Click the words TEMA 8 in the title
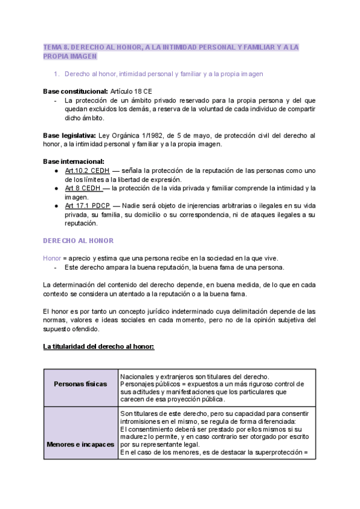[57, 46]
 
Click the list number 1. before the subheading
[56, 74]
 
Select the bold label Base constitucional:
[75, 91]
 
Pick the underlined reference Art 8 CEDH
[83, 188]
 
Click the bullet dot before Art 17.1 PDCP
[56, 206]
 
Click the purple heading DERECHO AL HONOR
[78, 241]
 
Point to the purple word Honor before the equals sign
[52, 258]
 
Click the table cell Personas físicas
[80, 384]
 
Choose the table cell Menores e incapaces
[80, 444]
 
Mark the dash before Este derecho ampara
[56, 267]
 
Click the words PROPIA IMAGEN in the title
[70, 56]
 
